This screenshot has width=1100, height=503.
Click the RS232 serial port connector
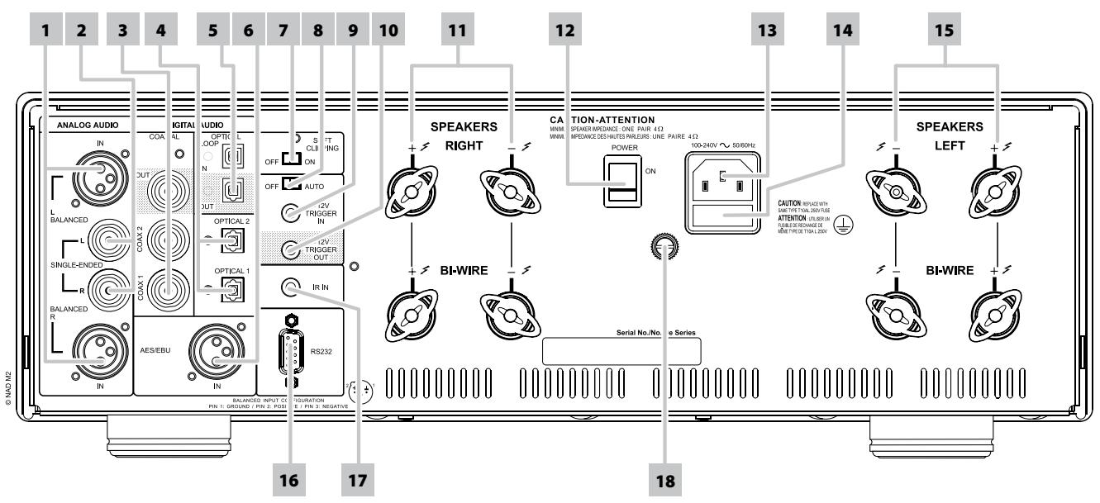(289, 348)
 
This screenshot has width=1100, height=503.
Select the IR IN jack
(291, 287)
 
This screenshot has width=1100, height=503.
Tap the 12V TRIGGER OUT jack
(291, 249)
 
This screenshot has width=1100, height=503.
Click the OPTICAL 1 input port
(236, 286)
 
